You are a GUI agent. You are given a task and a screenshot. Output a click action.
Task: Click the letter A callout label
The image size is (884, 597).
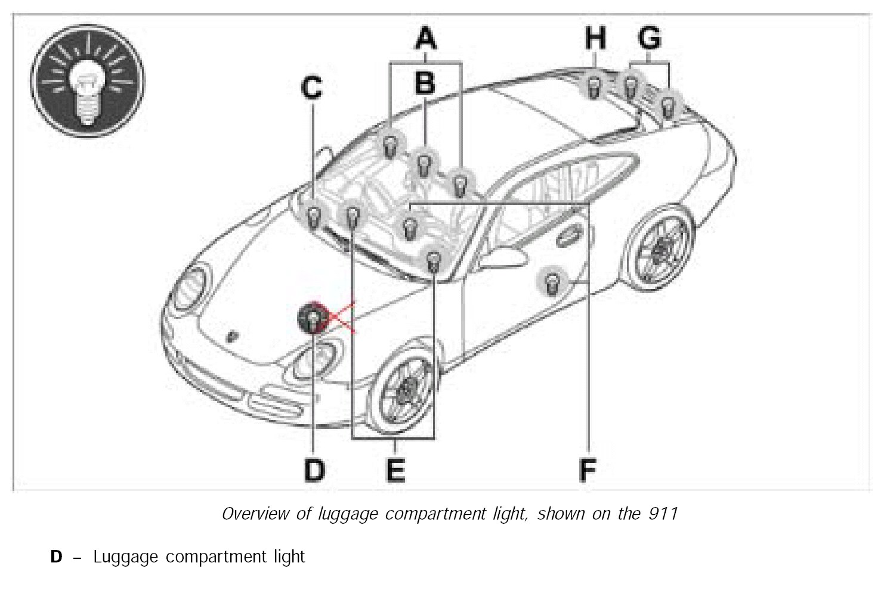coord(425,39)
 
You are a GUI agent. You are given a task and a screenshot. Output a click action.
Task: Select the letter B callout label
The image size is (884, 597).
coord(425,83)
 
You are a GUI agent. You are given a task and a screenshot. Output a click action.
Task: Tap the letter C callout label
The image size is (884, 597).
coord(311,88)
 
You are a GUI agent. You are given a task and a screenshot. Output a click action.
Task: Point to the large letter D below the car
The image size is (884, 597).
coord(314,470)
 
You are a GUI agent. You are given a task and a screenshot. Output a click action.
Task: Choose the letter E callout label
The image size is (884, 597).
coord(395,470)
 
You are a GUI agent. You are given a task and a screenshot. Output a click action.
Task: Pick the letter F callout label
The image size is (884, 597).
coord(588,470)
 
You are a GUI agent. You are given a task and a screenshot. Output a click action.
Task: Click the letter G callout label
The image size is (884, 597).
coord(650,38)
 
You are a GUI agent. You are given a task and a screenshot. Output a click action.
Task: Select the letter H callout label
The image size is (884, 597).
coord(595,38)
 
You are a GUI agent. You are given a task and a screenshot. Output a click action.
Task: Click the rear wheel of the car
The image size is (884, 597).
coord(659,247)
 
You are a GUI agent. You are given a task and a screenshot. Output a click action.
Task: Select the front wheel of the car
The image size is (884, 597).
coord(405,388)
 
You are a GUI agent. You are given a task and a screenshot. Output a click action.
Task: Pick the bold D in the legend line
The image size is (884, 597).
coord(56,557)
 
